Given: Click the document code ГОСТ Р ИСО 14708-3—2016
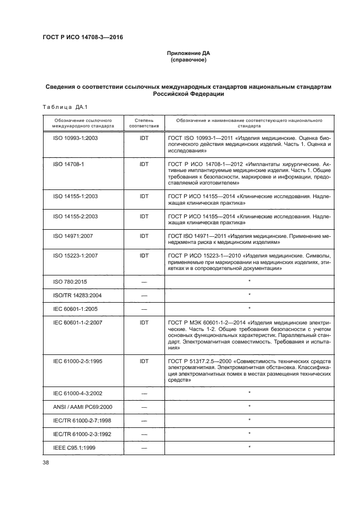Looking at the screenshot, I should click(x=87, y=38).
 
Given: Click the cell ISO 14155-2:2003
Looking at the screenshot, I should click(x=75, y=216).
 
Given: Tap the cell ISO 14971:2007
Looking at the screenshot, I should click(x=73, y=236).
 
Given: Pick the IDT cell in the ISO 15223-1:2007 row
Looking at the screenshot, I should click(x=144, y=255).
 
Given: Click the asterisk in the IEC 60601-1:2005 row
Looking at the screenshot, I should click(x=249, y=308).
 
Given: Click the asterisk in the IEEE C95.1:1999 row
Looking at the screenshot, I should click(x=249, y=447).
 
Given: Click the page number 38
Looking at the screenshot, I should click(x=46, y=463).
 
